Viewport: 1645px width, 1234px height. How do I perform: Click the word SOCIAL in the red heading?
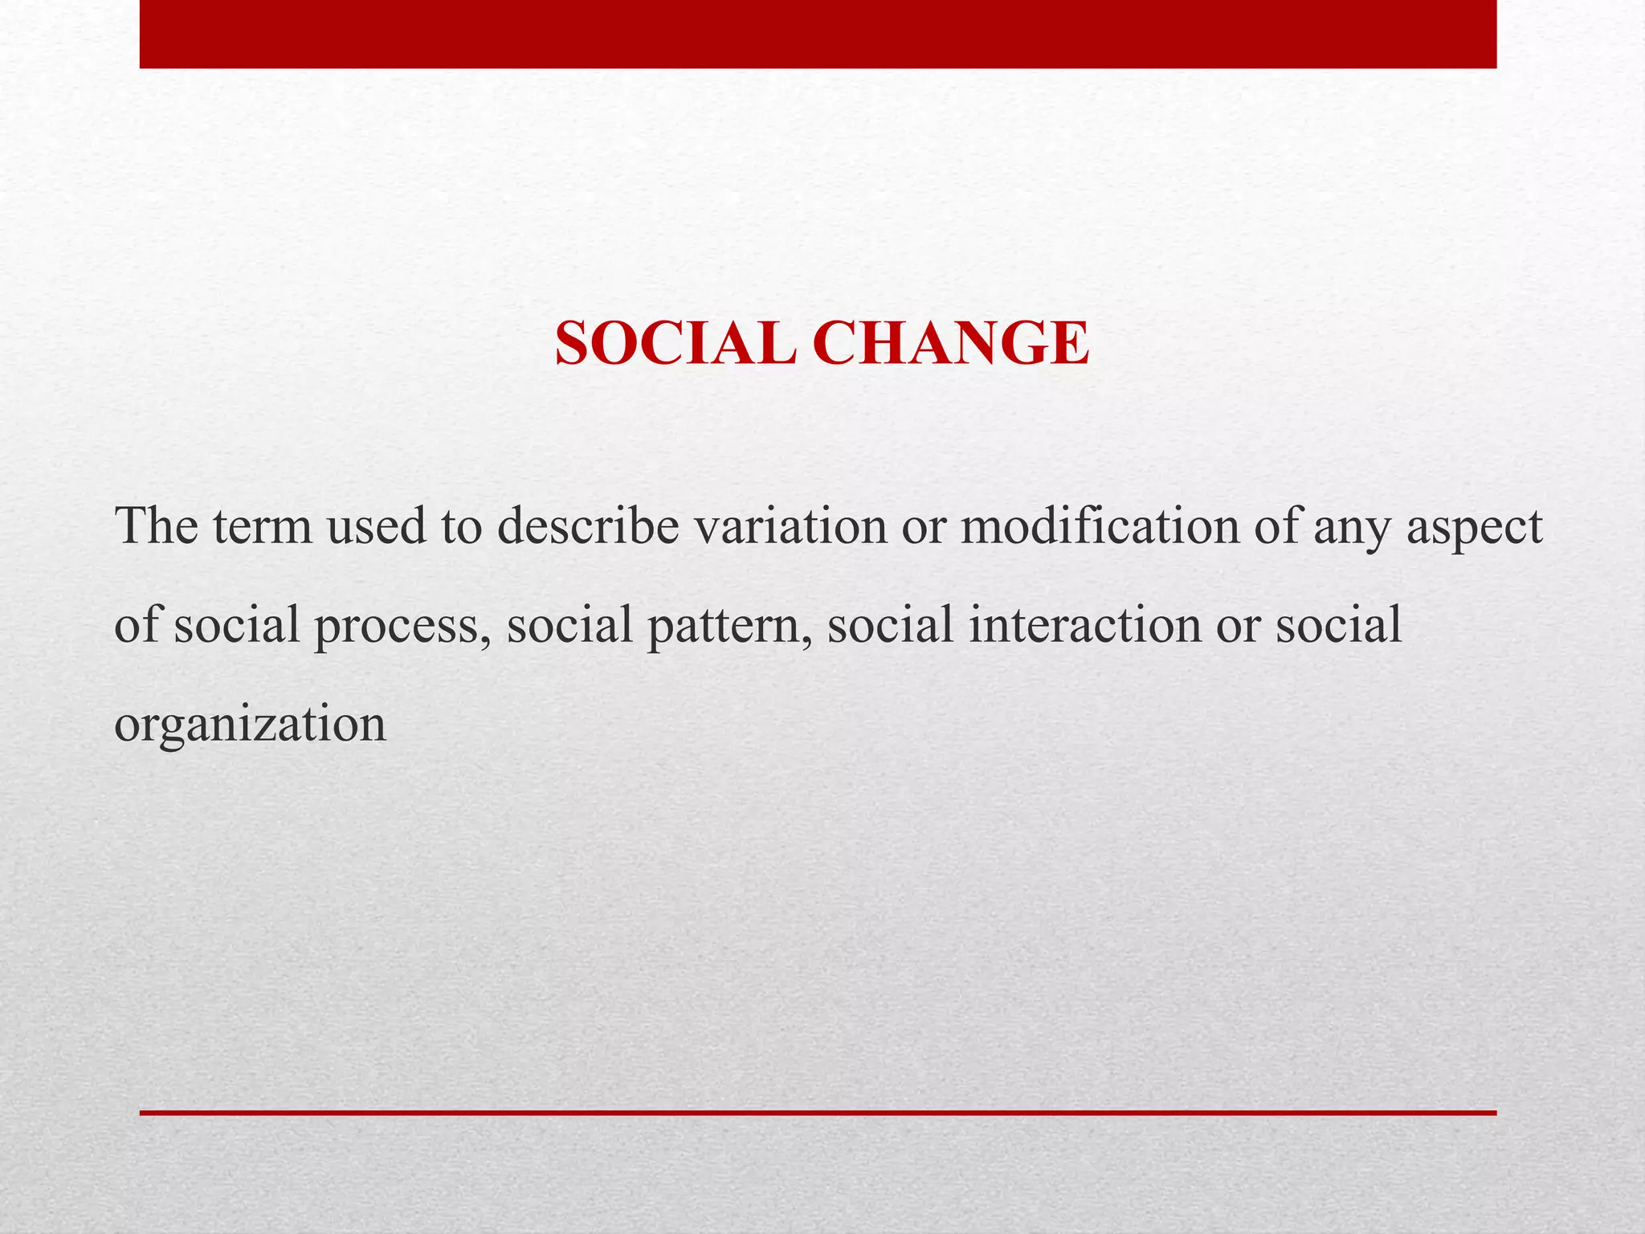point(675,345)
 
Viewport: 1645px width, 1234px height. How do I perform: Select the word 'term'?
point(262,527)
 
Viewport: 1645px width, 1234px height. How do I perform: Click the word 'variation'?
point(790,527)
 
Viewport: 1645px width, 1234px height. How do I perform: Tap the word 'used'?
point(377,527)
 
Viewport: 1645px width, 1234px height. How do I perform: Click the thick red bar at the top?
point(818,34)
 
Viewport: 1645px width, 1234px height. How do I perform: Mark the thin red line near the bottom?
point(818,1113)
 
